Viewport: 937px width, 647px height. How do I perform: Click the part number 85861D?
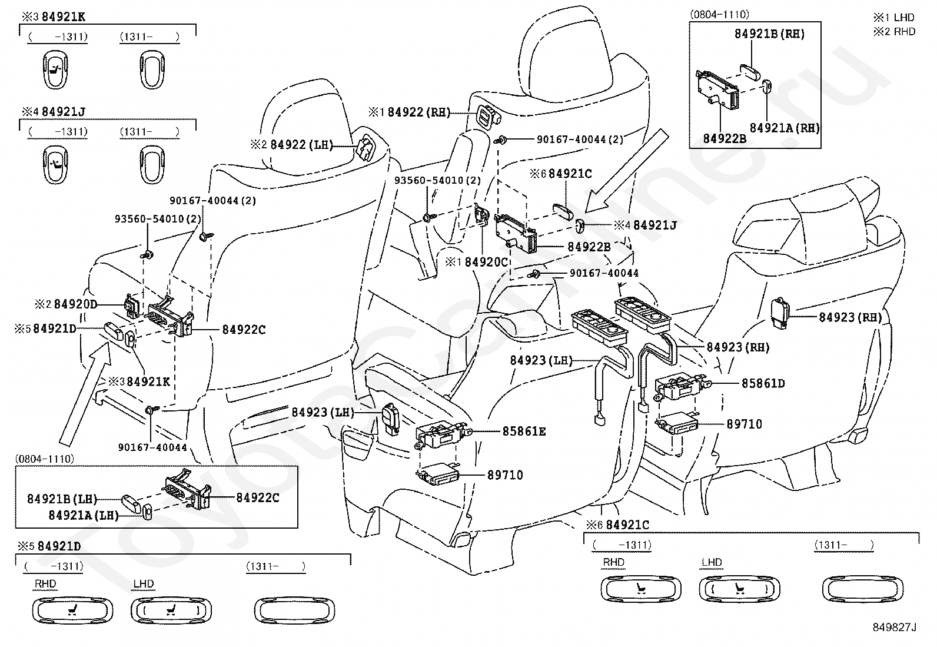click(763, 383)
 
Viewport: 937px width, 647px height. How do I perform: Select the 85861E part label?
click(524, 432)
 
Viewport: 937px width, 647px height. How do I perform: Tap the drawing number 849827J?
click(894, 627)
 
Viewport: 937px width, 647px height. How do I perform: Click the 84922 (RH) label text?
click(418, 112)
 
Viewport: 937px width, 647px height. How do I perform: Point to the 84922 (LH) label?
click(301, 145)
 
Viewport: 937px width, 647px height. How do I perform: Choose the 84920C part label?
click(486, 262)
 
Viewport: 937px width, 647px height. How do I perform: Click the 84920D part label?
click(75, 304)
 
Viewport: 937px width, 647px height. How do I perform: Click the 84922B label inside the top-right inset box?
click(725, 138)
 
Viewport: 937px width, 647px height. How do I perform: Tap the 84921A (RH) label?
click(785, 128)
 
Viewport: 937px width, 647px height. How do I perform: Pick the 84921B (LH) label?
click(62, 499)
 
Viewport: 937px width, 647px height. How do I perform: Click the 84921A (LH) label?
click(84, 515)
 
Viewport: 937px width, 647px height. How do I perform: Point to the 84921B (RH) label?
click(770, 34)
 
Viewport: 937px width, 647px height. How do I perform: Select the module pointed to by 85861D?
click(680, 386)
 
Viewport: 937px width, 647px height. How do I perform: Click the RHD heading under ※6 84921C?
click(614, 562)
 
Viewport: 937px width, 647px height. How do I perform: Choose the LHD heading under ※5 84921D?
click(144, 584)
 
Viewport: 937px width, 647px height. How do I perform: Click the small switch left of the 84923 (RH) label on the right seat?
click(780, 313)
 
